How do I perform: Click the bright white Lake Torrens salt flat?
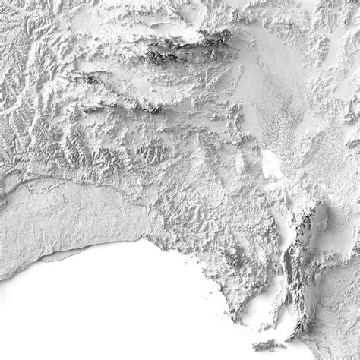click(x=270, y=163)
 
